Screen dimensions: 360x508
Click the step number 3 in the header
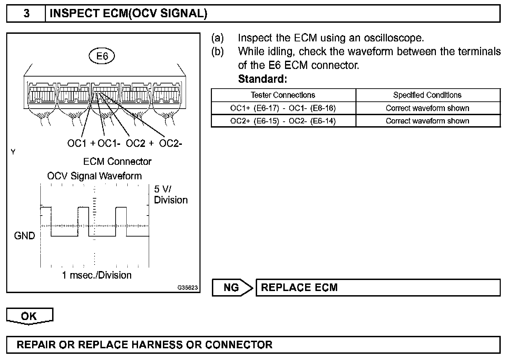[x=26, y=13]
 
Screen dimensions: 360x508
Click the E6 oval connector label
[x=102, y=56]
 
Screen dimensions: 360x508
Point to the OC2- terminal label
[x=170, y=143]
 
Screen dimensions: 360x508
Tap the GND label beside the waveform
[x=25, y=236]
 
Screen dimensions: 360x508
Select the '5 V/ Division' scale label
[x=170, y=194]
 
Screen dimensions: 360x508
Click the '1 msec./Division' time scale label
[x=97, y=275]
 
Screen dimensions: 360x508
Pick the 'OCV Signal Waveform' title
[x=94, y=176]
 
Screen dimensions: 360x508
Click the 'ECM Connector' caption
[x=117, y=161]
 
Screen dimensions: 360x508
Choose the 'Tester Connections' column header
[x=283, y=95]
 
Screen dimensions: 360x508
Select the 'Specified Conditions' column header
[x=427, y=95]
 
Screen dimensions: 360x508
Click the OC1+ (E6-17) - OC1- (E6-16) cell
[x=283, y=108]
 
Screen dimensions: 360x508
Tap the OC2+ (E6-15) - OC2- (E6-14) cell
[x=283, y=121]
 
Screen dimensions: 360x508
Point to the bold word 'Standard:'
[x=263, y=79]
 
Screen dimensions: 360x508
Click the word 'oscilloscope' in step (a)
[x=394, y=38]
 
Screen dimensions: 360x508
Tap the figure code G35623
[x=188, y=288]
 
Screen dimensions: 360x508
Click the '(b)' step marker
[x=217, y=51]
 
